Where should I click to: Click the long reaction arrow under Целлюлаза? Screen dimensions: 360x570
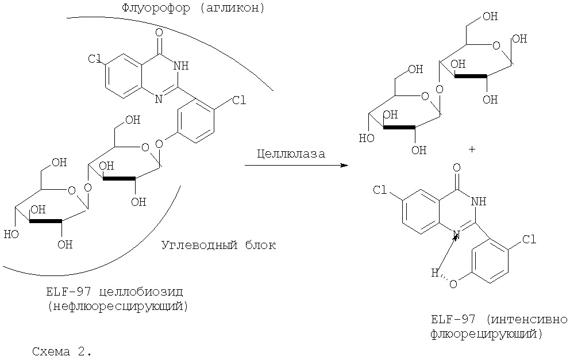coord(296,166)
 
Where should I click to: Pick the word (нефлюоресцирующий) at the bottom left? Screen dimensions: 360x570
coord(118,306)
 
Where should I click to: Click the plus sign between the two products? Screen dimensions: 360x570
coord(472,150)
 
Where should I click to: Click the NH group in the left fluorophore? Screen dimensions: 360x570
coord(180,66)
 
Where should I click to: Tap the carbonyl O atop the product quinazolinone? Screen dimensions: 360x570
coord(456,168)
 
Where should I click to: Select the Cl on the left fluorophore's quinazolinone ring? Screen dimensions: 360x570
coord(95,59)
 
